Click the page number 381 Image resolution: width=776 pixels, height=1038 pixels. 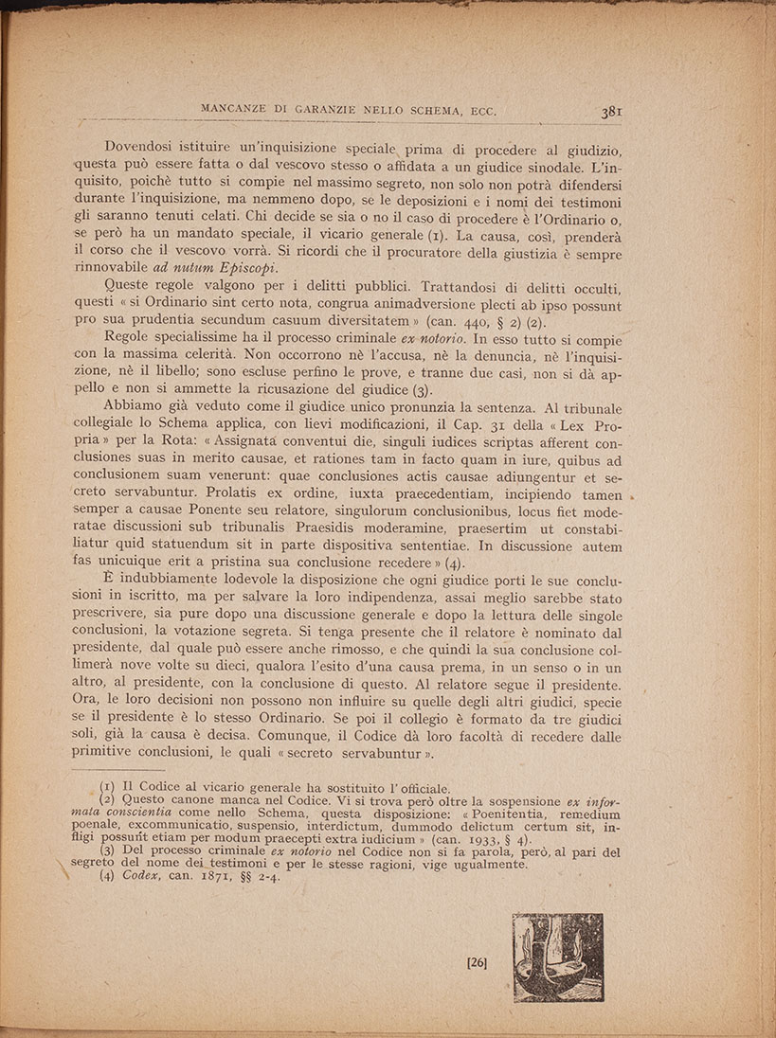click(610, 112)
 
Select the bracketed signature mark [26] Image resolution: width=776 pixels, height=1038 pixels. click(477, 963)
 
